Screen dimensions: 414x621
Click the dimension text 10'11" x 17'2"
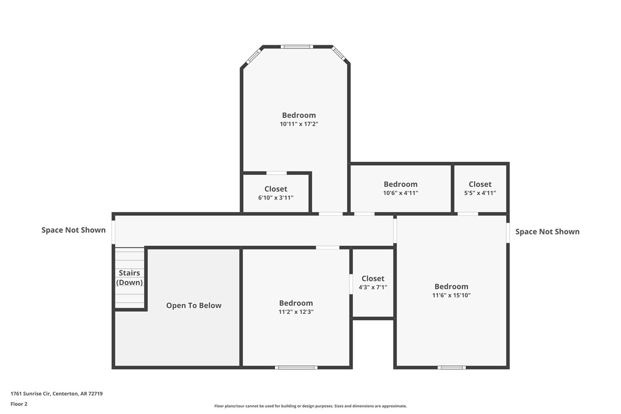click(x=298, y=124)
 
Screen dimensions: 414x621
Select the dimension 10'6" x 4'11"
click(x=400, y=193)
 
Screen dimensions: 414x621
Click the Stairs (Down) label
click(x=129, y=278)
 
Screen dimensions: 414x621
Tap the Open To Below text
click(x=194, y=305)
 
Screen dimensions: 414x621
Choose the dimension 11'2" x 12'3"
click(x=296, y=312)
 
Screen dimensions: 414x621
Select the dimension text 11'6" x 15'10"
click(x=451, y=296)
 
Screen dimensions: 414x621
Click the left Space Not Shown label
click(x=73, y=230)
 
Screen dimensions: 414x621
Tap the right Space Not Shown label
click(x=547, y=232)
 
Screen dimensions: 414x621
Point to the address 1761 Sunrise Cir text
click(x=57, y=393)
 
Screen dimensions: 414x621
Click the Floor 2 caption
click(x=19, y=404)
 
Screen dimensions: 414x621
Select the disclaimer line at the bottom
click(x=310, y=406)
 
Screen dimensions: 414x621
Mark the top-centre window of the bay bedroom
click(x=297, y=46)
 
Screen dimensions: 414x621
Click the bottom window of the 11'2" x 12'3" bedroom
click(x=296, y=367)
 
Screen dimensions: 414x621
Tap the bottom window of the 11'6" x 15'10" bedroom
click(x=452, y=367)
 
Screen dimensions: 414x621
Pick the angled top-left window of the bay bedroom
click(x=253, y=56)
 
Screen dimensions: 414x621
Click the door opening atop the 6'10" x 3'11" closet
click(x=277, y=173)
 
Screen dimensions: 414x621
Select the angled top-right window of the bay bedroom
click(x=339, y=54)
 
